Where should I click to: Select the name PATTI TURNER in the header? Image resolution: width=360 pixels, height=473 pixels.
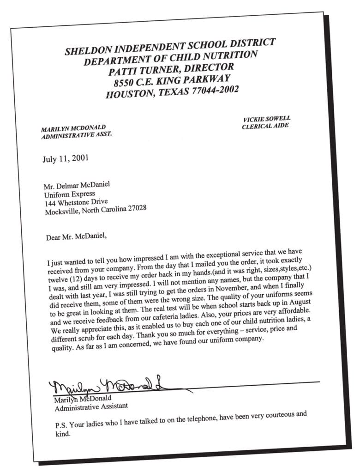coord(145,71)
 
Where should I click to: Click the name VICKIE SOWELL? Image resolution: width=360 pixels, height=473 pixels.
coord(267,119)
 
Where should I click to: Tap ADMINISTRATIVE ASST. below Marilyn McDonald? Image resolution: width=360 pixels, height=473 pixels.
coord(77,135)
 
